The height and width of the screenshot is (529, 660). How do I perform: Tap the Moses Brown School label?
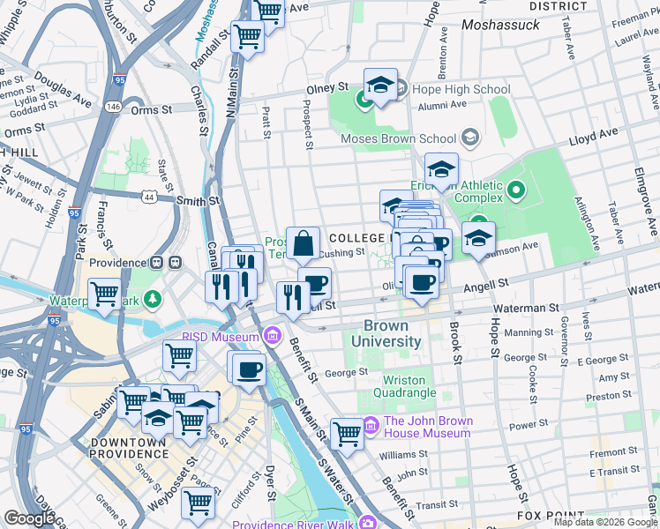[x=399, y=138]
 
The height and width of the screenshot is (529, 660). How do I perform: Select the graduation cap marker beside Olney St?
[x=380, y=86]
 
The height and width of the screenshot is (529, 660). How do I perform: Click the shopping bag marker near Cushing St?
[x=303, y=244]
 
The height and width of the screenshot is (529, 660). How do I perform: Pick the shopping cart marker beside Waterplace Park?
[x=106, y=294]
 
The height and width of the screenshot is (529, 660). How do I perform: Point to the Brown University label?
[x=386, y=334]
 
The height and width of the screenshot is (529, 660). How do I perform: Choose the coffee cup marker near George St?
[x=249, y=368]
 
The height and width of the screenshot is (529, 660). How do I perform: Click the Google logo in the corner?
[x=29, y=518]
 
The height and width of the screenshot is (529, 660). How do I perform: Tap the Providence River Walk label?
[x=293, y=525]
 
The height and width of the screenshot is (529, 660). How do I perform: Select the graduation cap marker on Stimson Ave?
[x=478, y=239]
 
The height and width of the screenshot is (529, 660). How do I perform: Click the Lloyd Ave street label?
[x=594, y=138]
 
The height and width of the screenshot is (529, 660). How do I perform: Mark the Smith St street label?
[x=197, y=201]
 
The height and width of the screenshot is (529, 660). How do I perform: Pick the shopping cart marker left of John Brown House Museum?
[x=347, y=434]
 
